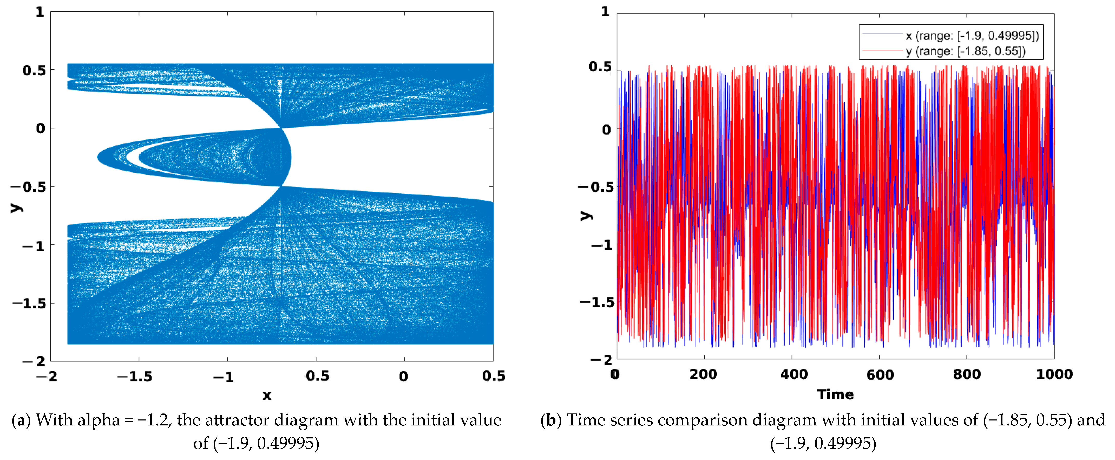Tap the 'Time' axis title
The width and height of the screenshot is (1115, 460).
click(835, 394)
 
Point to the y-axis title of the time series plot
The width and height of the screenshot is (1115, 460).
click(586, 215)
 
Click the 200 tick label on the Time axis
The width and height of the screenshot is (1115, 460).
click(703, 374)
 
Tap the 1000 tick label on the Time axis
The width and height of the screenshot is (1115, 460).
click(1054, 374)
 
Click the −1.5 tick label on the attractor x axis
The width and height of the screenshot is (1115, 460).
click(135, 377)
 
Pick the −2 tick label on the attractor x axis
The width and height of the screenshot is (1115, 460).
click(47, 377)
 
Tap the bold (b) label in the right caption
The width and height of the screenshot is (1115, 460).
click(550, 420)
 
